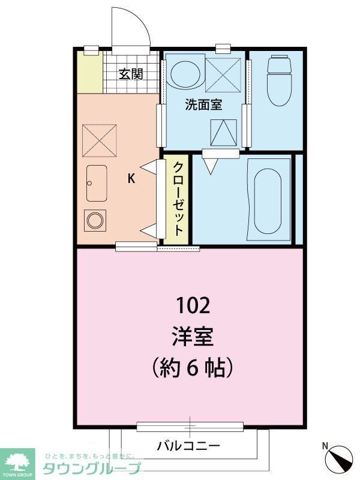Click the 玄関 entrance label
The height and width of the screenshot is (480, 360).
(x=130, y=74)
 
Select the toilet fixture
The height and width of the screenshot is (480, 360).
(x=278, y=80)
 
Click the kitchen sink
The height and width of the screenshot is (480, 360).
(x=97, y=183)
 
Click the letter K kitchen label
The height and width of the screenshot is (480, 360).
(x=131, y=178)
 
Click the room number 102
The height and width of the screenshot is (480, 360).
(x=193, y=307)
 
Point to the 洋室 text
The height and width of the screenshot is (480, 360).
(x=193, y=336)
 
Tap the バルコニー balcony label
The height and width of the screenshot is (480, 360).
(x=188, y=446)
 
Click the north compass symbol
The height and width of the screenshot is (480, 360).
(x=339, y=459)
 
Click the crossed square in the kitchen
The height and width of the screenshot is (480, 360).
(x=99, y=140)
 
